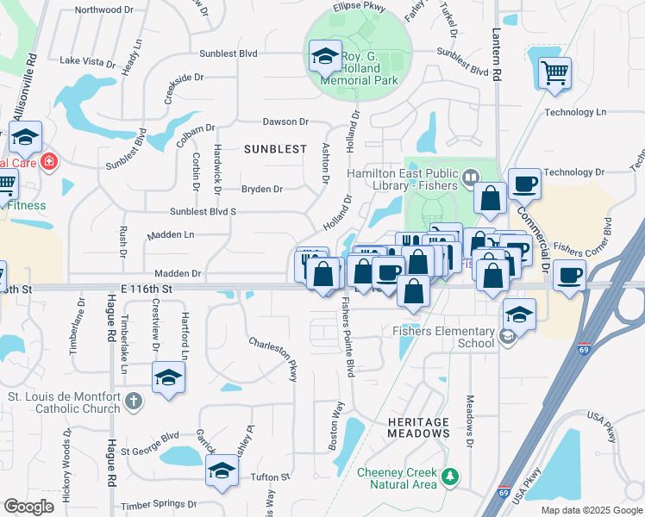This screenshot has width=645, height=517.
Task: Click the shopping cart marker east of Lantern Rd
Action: [x=554, y=72]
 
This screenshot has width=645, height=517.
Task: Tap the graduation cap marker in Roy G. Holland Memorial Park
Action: [x=325, y=58]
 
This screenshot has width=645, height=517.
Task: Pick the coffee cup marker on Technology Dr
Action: [x=524, y=184]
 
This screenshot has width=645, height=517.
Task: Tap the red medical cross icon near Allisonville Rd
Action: [x=49, y=161]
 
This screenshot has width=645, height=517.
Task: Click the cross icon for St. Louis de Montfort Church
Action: [x=133, y=400]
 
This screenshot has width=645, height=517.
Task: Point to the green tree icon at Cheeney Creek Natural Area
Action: [x=448, y=476]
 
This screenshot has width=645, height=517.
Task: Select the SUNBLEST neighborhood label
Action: [x=275, y=149]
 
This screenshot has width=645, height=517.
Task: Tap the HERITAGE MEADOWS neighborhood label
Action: [x=418, y=427]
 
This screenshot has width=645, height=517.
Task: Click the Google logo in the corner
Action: [x=28, y=507]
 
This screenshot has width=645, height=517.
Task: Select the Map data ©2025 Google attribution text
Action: [x=590, y=510]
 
